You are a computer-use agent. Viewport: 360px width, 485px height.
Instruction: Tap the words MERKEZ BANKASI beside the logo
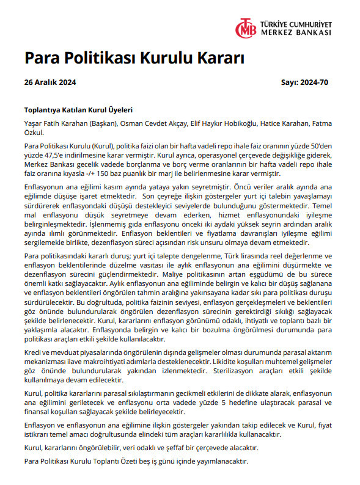pyautogui.click(x=296, y=32)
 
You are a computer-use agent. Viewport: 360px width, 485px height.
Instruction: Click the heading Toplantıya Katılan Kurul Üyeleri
pyautogui.click(x=78, y=111)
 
